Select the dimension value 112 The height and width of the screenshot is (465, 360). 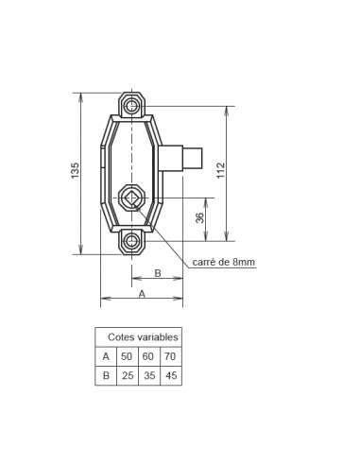220,170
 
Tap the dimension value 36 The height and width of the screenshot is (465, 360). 199,217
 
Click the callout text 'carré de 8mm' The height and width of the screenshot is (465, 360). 224,262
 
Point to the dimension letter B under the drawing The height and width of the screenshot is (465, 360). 157,272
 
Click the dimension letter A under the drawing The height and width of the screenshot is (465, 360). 142,294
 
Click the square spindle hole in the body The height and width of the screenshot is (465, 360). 130,198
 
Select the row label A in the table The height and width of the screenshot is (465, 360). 106,356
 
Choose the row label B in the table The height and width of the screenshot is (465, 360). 106,375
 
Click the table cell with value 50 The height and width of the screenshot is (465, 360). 128,356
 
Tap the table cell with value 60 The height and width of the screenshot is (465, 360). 148,356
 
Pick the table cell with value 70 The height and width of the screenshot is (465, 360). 169,356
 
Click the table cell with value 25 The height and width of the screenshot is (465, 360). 128,375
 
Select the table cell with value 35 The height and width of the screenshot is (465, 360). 148,375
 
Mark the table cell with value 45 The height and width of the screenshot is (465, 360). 169,375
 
